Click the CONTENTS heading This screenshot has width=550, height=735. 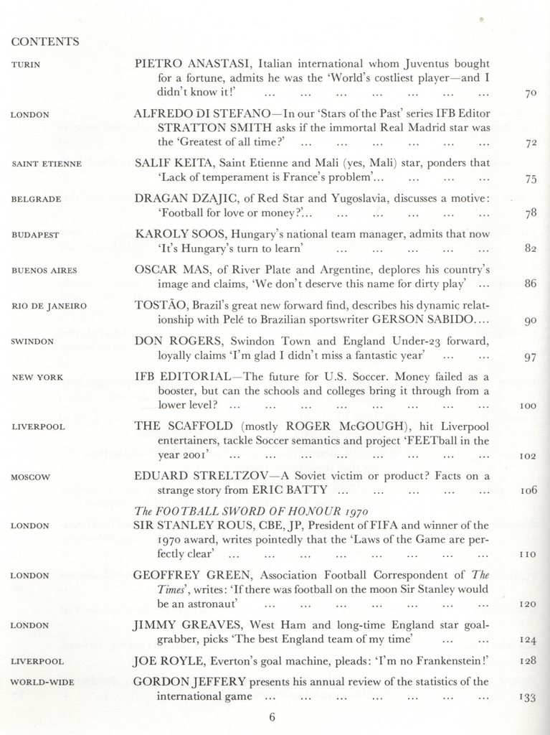point(45,42)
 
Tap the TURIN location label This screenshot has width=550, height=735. point(26,65)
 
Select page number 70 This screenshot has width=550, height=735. point(531,93)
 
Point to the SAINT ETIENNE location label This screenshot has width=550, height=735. point(47,164)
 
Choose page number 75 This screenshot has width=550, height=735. point(531,179)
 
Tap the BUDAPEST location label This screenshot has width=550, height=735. point(36,235)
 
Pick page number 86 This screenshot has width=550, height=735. point(531,284)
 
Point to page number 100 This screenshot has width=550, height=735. point(528,406)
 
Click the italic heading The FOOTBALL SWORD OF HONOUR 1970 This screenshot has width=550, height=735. point(251,511)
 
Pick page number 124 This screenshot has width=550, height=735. point(528,640)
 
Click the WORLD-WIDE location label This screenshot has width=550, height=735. point(43,682)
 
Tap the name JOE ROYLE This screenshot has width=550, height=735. point(165,660)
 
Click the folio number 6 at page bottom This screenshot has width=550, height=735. point(272,716)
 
